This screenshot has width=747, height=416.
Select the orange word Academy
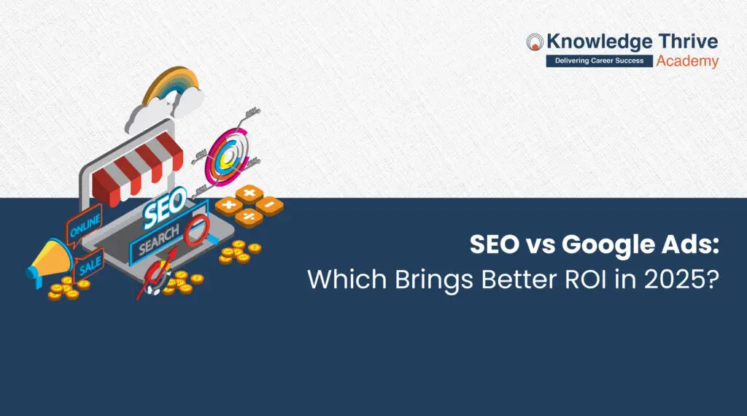point(686,61)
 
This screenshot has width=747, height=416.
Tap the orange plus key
point(229,205)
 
